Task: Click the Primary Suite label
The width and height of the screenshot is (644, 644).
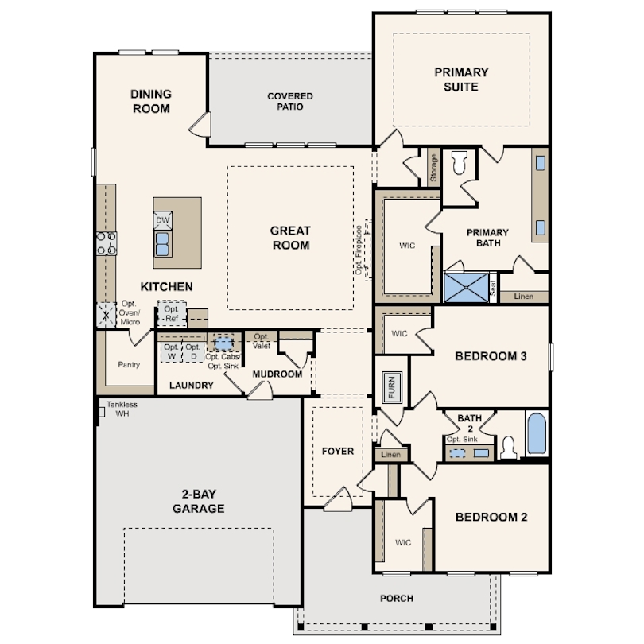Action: pyautogui.click(x=461, y=80)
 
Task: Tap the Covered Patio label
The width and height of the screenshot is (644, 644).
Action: pyautogui.click(x=290, y=102)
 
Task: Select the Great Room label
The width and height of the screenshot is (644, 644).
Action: pyautogui.click(x=290, y=238)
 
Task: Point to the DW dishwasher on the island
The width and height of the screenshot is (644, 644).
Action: pyautogui.click(x=163, y=220)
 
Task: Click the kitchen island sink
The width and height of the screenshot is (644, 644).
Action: pyautogui.click(x=163, y=244)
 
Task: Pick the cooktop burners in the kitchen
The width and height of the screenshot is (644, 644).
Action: pyautogui.click(x=107, y=243)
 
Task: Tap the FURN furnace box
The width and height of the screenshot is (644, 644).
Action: pyautogui.click(x=392, y=387)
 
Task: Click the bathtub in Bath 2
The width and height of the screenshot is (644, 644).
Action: pyautogui.click(x=537, y=433)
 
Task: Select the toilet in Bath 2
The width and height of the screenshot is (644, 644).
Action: pyautogui.click(x=509, y=447)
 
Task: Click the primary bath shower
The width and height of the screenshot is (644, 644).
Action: pyautogui.click(x=466, y=288)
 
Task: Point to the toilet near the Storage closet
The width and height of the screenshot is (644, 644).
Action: pyautogui.click(x=460, y=162)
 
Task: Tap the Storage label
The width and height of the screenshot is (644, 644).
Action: pyautogui.click(x=433, y=168)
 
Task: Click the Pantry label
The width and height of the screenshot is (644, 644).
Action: pyautogui.click(x=129, y=364)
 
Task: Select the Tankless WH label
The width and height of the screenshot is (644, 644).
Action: pyautogui.click(x=122, y=409)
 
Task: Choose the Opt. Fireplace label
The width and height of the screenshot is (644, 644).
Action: pyautogui.click(x=359, y=250)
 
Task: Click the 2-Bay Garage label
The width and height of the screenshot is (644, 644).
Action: pyautogui.click(x=199, y=501)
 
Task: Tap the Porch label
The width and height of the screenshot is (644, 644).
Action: pyautogui.click(x=397, y=599)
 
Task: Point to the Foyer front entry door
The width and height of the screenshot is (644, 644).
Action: pyautogui.click(x=338, y=500)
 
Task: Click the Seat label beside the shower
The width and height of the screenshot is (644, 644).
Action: pyautogui.click(x=493, y=288)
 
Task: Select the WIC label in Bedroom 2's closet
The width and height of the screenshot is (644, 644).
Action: pyautogui.click(x=403, y=542)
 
